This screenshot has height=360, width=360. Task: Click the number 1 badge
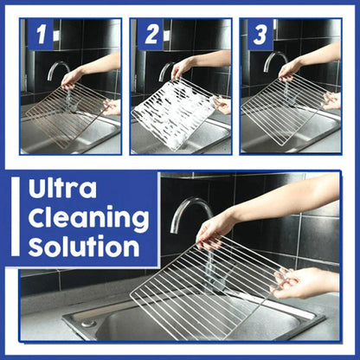click(40, 35)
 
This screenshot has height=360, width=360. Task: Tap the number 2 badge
click(150, 35)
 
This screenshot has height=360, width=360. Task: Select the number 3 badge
click(259, 35)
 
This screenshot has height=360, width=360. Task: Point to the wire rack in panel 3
click(281, 108)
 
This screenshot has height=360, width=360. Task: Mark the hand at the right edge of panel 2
click(223, 105)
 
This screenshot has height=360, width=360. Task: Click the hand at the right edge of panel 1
click(112, 106)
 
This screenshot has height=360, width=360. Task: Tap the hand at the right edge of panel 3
click(331, 99)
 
